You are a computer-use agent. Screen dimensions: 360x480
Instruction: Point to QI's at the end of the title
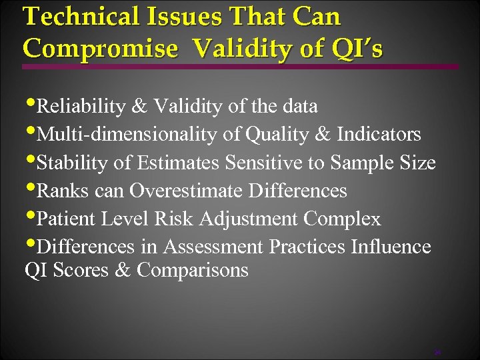coord(359,48)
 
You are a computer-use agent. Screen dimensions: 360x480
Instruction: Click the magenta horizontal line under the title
coord(240,67)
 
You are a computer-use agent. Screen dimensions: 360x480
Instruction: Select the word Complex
coord(343,219)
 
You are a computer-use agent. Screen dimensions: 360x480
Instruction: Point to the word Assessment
coord(213,247)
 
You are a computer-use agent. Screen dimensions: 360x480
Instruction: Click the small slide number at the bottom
coord(437,351)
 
